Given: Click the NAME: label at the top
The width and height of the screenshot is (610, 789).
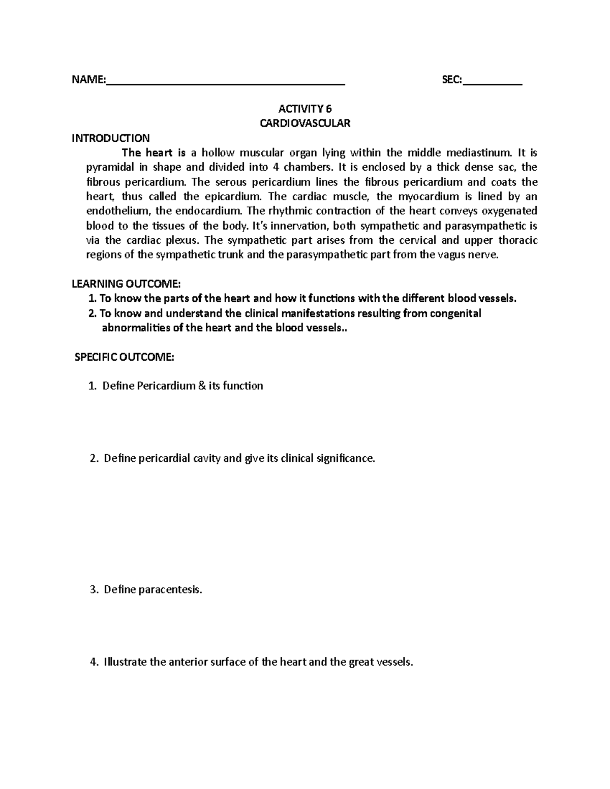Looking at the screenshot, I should click(x=88, y=80).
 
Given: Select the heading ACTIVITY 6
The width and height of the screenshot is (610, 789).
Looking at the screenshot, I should click(x=305, y=109).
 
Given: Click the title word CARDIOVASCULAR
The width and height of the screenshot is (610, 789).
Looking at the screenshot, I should click(x=305, y=123).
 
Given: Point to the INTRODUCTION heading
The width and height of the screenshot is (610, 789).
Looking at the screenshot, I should click(x=111, y=138).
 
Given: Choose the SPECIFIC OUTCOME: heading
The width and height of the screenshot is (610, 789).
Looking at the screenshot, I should click(x=125, y=357).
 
